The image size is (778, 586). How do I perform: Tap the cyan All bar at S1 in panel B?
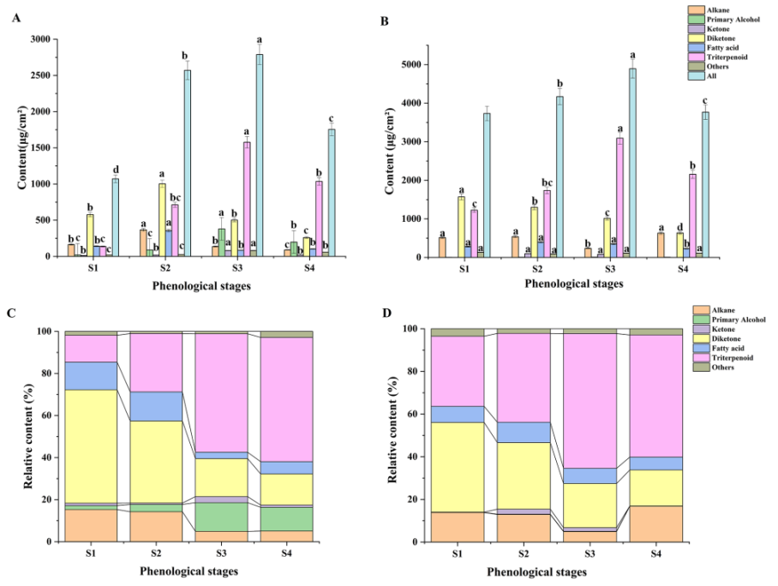click(487, 184)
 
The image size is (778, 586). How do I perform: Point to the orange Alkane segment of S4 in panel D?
click(655, 523)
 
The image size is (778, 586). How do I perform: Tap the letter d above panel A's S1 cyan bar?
click(114, 169)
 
